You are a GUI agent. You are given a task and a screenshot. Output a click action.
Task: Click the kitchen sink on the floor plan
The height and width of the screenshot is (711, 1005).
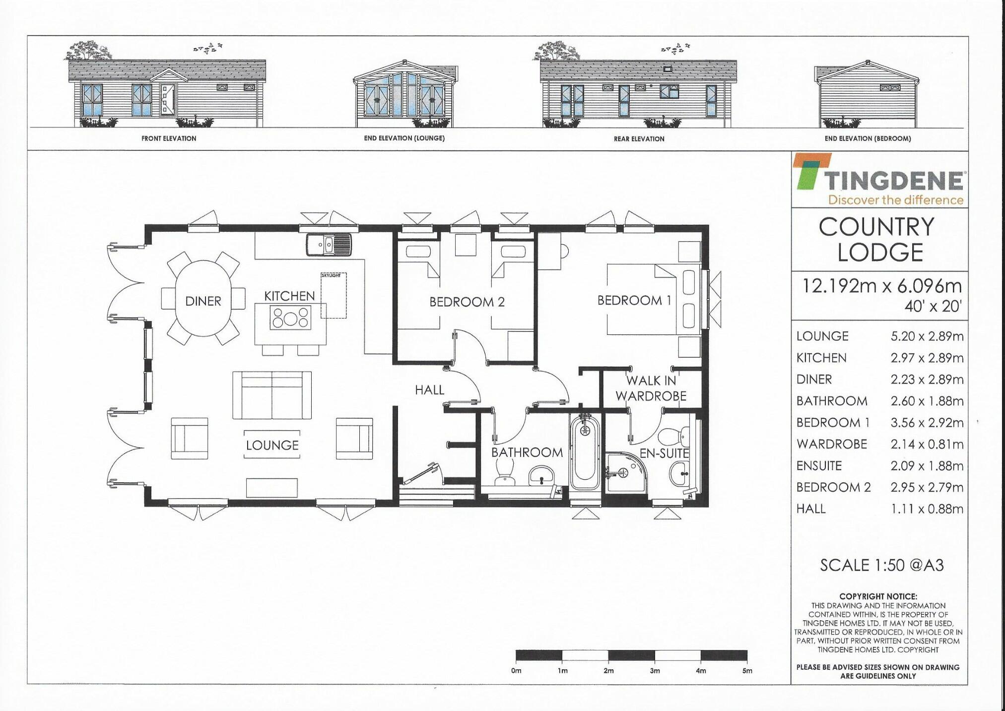329,244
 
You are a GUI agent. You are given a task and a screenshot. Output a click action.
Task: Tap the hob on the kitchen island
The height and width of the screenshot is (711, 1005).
290,318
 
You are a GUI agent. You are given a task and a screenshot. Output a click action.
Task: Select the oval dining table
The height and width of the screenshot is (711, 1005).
203,299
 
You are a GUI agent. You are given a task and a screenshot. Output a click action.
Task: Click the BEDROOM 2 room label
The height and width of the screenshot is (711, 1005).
467,302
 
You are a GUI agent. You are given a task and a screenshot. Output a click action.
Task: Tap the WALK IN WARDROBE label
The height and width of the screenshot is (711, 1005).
651,388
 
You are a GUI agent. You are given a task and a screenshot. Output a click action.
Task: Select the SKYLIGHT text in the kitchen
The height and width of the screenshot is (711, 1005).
331,275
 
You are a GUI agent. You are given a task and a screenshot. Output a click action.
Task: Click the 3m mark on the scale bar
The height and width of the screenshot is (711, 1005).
655,670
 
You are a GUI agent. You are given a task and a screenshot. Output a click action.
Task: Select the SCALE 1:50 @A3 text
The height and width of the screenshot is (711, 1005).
881,565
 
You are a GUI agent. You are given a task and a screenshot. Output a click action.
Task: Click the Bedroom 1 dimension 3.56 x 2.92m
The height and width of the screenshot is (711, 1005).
927,422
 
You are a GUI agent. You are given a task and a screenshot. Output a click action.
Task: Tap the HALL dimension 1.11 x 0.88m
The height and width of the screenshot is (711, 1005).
927,509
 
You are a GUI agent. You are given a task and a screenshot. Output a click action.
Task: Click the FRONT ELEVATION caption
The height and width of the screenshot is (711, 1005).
169,138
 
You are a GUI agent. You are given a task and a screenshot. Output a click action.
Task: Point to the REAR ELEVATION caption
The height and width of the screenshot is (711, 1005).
639,139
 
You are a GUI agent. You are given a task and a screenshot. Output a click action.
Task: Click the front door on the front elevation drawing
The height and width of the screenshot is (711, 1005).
167,99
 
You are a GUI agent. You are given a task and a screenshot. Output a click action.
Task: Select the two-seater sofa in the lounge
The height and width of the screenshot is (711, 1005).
272,395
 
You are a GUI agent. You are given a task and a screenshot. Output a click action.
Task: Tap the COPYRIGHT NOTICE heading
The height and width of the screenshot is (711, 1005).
878,596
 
